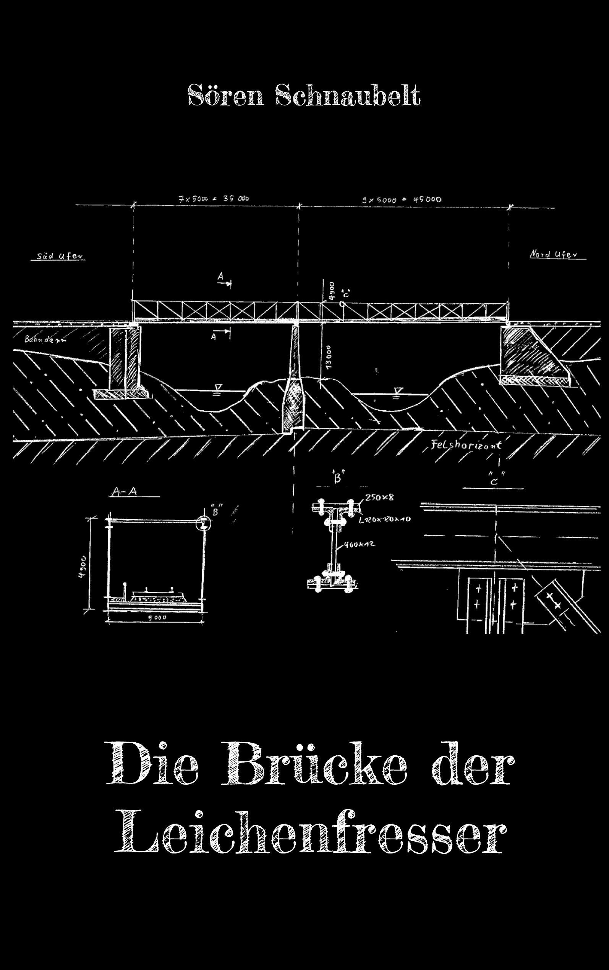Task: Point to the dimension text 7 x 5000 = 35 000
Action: pos(214,199)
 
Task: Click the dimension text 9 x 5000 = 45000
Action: pos(401,199)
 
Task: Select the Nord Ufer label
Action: pos(554,254)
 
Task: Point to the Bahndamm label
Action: pos(45,339)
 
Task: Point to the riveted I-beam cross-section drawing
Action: pos(333,544)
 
